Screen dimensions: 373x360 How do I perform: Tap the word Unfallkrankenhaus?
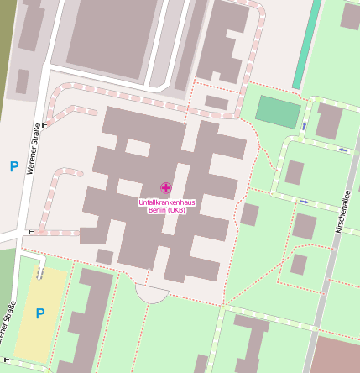pos(165,202)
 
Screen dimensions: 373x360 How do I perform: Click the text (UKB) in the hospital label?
pos(175,210)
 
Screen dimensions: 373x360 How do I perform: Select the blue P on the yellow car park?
pos(39,313)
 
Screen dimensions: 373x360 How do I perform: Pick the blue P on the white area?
pos(13,166)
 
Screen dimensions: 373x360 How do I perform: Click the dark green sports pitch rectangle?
pos(277,112)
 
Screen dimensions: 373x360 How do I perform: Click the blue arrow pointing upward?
pos(304,126)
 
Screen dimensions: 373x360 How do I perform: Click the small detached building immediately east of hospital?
pos(249,214)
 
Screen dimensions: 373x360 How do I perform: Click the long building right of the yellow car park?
pos(88,319)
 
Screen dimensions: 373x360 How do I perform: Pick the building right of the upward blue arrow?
pos(328,122)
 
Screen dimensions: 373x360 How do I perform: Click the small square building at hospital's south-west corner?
pos(105,256)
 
